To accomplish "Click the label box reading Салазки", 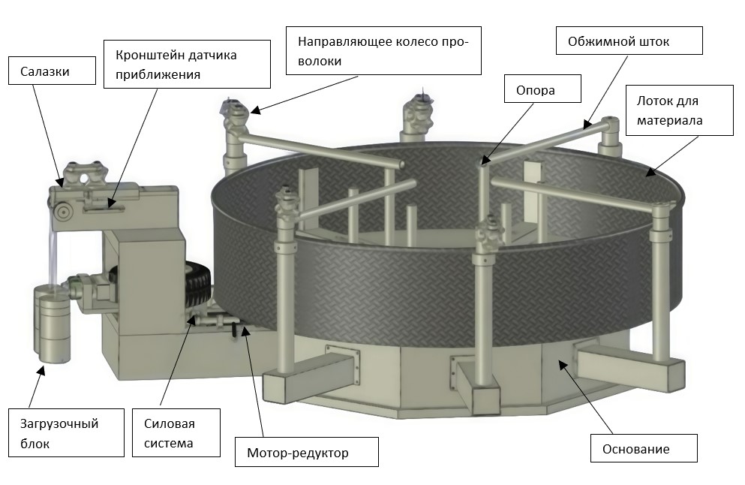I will (51, 72).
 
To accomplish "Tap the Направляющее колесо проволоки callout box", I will (383, 50).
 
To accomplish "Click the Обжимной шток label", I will (629, 41).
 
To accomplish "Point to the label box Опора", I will (542, 89).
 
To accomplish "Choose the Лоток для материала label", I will (679, 110).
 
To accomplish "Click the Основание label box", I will (644, 449).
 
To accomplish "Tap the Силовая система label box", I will (176, 432).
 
